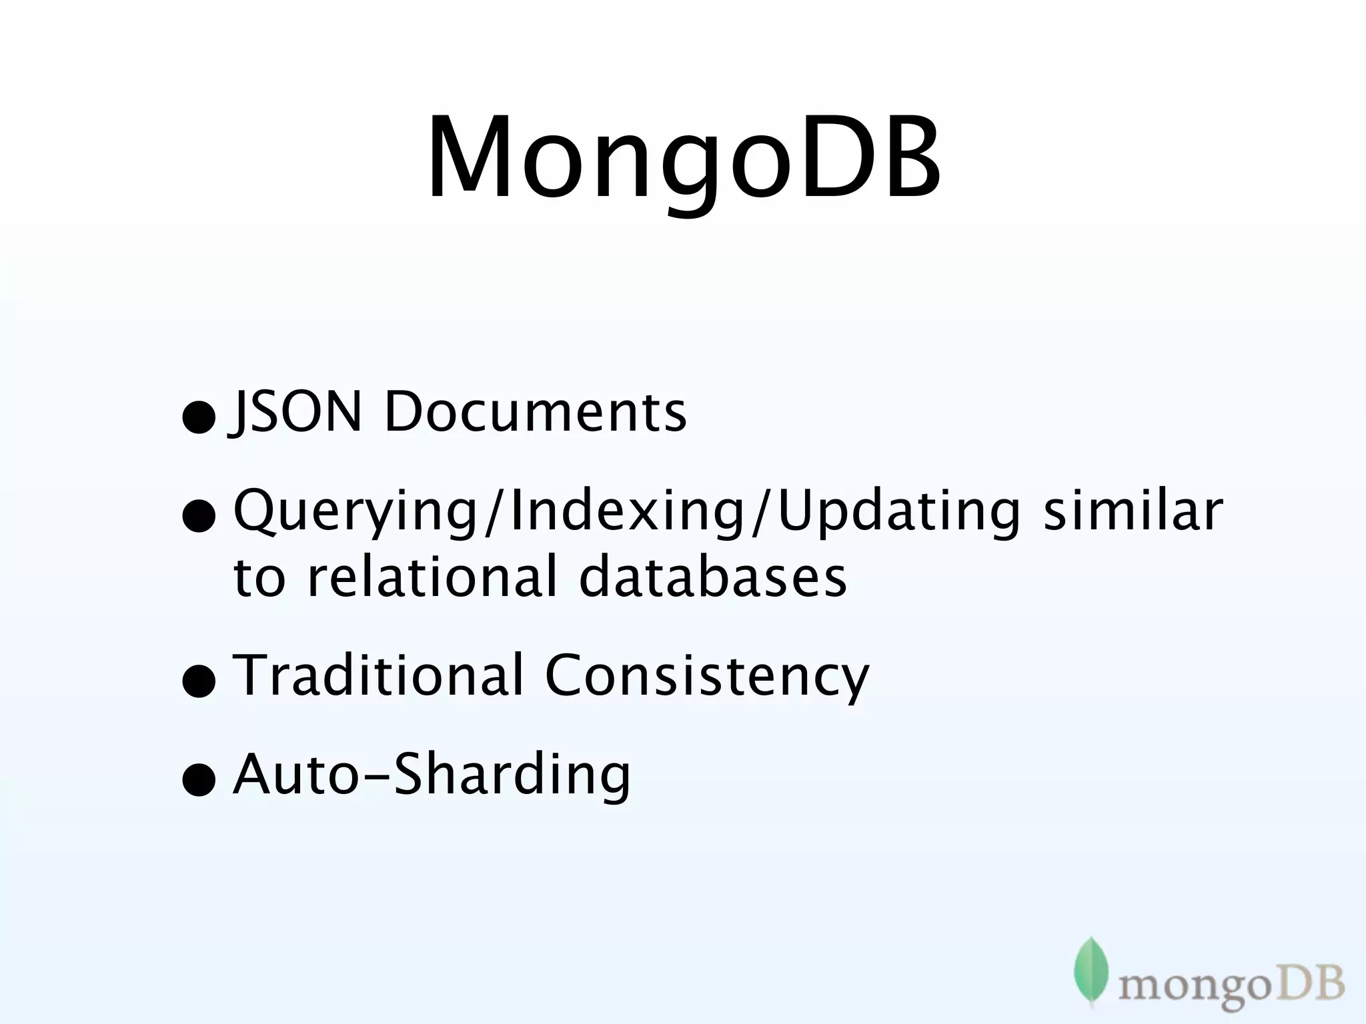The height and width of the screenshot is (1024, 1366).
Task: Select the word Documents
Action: (535, 412)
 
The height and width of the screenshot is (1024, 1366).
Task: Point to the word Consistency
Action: (707, 676)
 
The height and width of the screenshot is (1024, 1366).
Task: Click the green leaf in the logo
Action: (1091, 968)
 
